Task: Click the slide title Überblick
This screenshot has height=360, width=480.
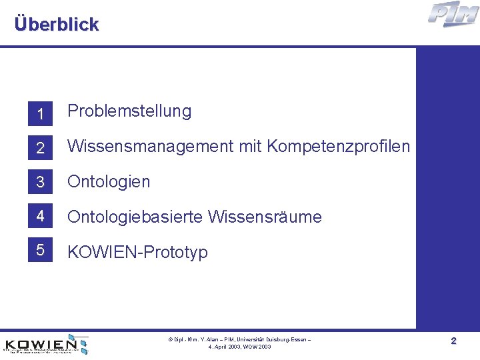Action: click(x=56, y=25)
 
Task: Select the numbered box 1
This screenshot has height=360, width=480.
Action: click(x=40, y=115)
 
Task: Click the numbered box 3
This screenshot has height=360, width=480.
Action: click(x=40, y=182)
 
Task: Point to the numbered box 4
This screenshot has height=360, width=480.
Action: click(x=40, y=217)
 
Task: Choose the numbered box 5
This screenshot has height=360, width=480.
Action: click(x=40, y=251)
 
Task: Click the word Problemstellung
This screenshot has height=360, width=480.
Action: click(x=129, y=111)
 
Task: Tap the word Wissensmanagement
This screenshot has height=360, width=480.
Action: click(x=151, y=147)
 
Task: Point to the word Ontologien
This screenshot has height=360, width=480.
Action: click(x=109, y=182)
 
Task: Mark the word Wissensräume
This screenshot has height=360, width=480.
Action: click(x=265, y=217)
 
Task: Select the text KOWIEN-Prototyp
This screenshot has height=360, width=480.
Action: click(x=137, y=252)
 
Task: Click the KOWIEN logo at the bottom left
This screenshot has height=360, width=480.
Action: click(x=47, y=343)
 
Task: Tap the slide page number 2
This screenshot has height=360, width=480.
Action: click(x=453, y=341)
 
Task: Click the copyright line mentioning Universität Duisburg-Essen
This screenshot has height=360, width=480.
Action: click(x=239, y=340)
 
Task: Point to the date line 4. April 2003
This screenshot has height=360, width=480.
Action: click(x=239, y=347)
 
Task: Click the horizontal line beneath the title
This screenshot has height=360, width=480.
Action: click(x=240, y=46)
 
